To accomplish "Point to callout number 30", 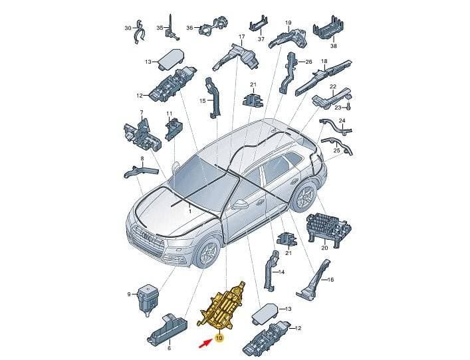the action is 128,28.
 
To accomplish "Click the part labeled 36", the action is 213,27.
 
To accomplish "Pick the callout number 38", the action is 334,46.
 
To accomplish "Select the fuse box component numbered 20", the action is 328,229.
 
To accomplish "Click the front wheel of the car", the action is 207,253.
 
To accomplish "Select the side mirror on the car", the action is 239,205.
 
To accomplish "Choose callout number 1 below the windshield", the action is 189,211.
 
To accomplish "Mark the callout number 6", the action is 169,348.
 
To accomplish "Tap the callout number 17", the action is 241,37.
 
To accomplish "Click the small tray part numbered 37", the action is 259,24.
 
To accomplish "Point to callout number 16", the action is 330,280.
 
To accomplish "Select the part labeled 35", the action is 171,28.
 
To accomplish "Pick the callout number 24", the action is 342,120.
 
